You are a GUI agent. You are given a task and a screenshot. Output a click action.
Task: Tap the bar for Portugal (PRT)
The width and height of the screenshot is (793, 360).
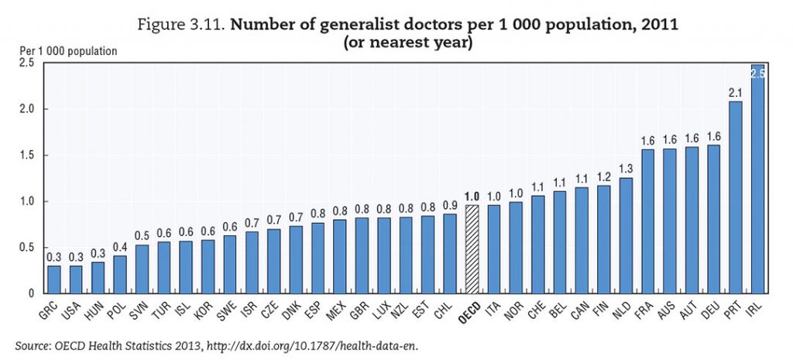736,197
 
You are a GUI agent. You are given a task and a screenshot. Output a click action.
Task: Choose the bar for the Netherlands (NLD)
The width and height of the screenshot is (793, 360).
626,235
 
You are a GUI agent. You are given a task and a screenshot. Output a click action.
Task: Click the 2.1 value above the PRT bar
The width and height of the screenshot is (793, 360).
736,93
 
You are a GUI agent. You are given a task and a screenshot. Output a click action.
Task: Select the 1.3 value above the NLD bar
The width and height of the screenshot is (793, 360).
626,169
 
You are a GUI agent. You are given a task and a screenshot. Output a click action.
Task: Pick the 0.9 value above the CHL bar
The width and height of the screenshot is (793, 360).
448,205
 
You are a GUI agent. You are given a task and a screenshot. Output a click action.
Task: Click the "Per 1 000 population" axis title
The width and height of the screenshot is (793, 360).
69,51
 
